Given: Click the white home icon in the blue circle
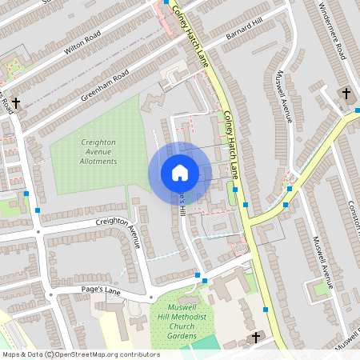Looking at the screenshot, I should [x=179, y=173].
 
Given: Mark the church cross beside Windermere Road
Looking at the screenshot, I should [x=346, y=94].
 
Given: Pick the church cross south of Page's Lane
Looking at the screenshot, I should [x=256, y=338].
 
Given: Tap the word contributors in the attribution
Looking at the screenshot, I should [x=140, y=354].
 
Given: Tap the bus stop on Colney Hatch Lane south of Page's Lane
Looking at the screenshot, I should [x=266, y=309].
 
